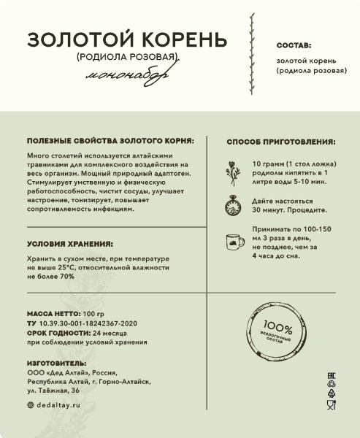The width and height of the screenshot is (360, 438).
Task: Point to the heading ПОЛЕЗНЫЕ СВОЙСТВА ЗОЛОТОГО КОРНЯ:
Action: tap(110, 140)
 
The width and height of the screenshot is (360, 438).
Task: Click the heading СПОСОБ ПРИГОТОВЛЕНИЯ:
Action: tap(281, 142)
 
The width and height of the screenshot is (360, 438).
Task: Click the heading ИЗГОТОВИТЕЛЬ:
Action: tap(56, 362)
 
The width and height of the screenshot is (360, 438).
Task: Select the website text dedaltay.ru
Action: tap(56, 404)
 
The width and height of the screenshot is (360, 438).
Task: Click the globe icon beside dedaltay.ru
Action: tap(30, 404)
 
